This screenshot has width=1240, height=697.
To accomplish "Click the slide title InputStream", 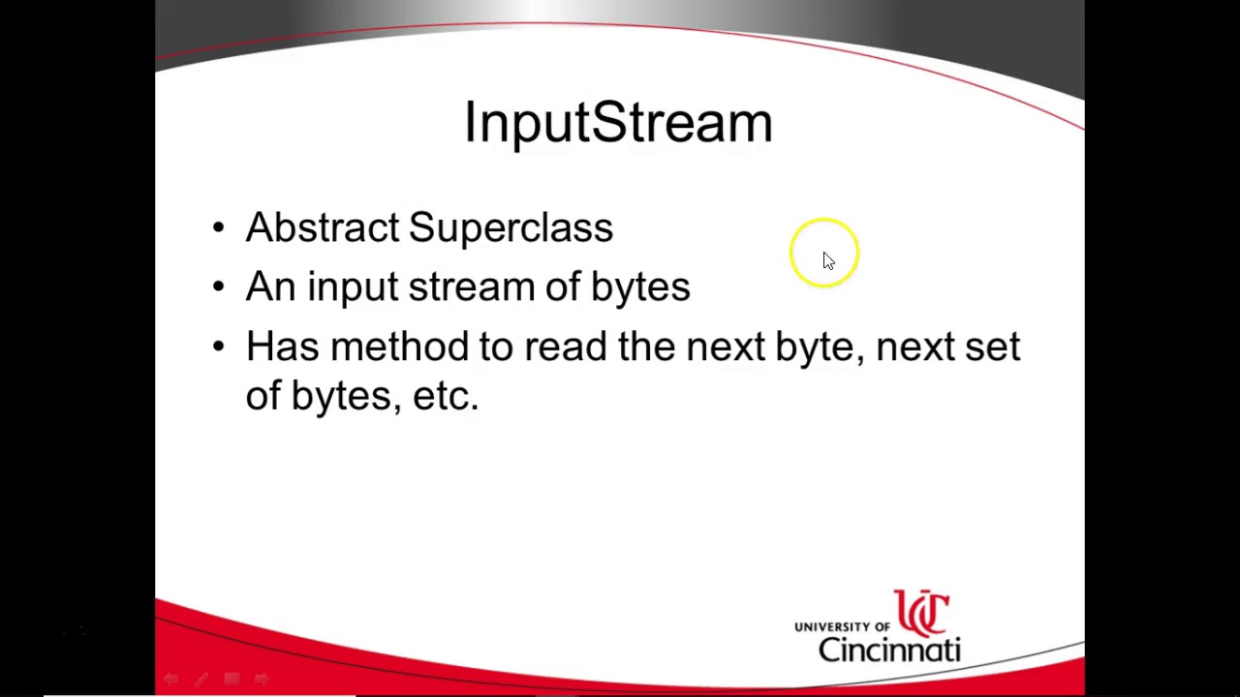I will coord(618,123).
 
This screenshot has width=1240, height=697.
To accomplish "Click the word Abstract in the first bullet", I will coord(322,227).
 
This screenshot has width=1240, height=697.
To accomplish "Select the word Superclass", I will coord(511,228).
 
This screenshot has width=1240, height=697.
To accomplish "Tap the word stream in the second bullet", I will coord(471,287).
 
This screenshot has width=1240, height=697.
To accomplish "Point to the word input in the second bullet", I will coord(352,288).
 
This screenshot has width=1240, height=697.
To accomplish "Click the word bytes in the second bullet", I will coord(640,287).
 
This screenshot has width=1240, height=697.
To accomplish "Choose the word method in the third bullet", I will coord(399,347).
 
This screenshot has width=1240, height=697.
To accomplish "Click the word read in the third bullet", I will coord(565,347).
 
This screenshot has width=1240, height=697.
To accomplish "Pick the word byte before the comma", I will coord(814,348).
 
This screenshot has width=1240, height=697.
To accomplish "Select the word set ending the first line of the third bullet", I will coord(992,347).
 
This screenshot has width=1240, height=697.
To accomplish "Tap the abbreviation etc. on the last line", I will coord(446,396).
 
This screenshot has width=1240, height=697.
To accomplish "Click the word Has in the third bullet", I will coord(282,347).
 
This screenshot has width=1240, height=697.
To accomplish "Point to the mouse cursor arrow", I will coord(827,260).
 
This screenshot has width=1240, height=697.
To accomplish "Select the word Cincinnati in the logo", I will coord(889,649).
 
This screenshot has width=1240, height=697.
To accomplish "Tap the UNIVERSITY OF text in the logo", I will coord(842,627).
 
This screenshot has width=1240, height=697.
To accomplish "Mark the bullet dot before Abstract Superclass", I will coord(218,228).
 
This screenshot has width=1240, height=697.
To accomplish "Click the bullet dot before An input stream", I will coord(218,287).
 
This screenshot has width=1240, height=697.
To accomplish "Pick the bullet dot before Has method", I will coord(218,347).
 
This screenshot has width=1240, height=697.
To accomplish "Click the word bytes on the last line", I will coord(341,396).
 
